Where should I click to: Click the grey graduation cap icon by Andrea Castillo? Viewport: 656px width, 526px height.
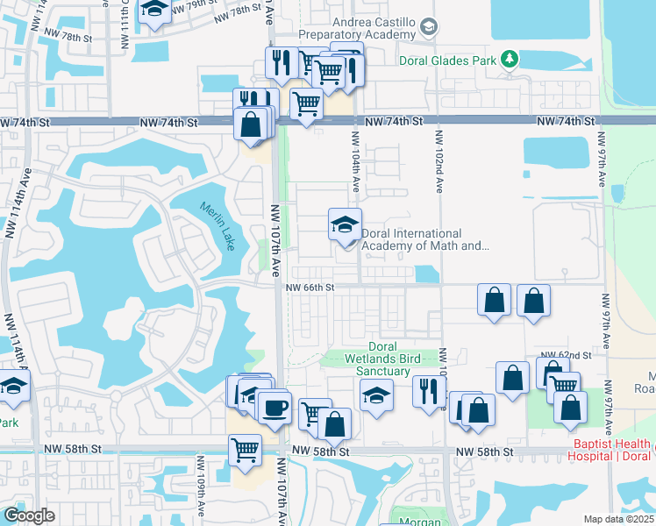[x=427, y=26]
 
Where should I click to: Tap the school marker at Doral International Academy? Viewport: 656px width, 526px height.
[x=345, y=224]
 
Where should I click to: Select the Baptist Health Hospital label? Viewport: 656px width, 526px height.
[x=611, y=450]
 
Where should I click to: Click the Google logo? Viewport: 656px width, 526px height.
[x=29, y=515]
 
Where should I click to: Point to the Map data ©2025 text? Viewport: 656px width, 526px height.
[x=618, y=519]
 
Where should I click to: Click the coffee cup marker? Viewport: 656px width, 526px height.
[x=275, y=407]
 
